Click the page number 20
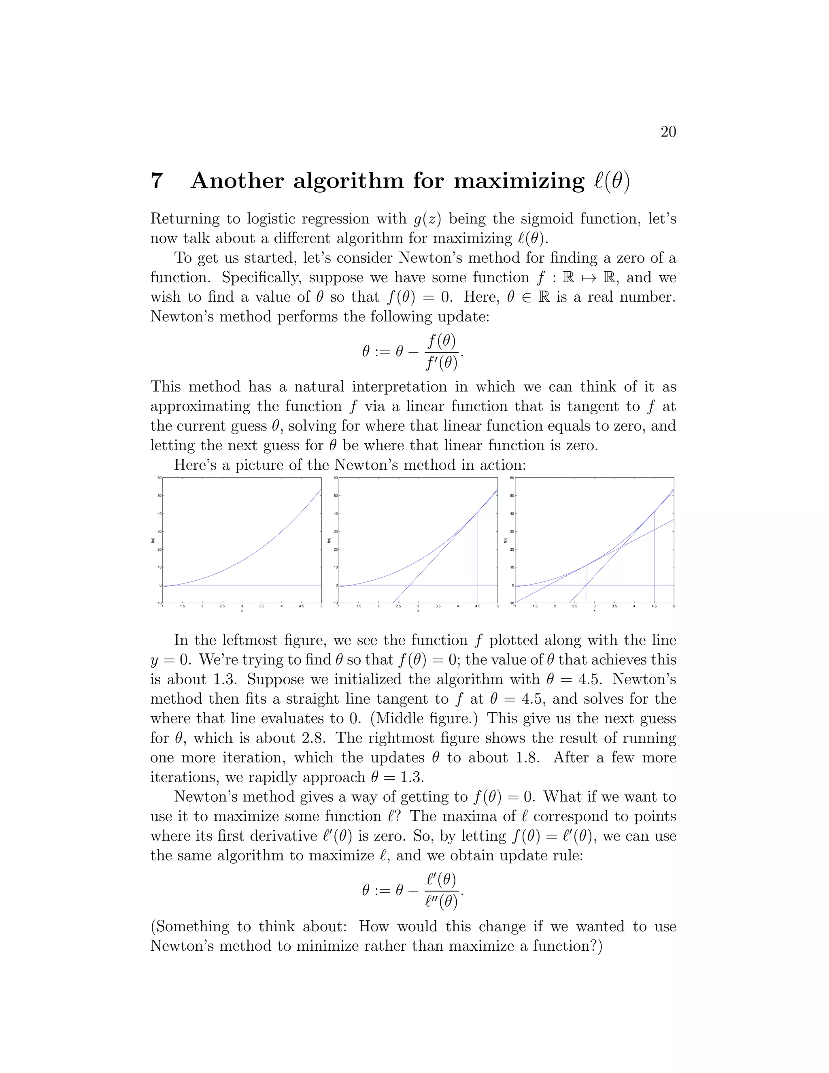(x=668, y=132)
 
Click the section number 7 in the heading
(x=156, y=181)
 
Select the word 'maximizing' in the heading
(x=519, y=181)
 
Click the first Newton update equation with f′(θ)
(x=412, y=352)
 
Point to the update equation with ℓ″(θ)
(x=412, y=891)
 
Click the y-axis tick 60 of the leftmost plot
(x=159, y=477)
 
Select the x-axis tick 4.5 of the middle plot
(x=477, y=606)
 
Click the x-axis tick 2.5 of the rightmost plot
(x=575, y=606)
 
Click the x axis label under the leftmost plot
(x=242, y=611)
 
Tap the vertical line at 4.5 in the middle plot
(x=478, y=550)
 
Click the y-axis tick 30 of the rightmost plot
(x=512, y=532)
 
